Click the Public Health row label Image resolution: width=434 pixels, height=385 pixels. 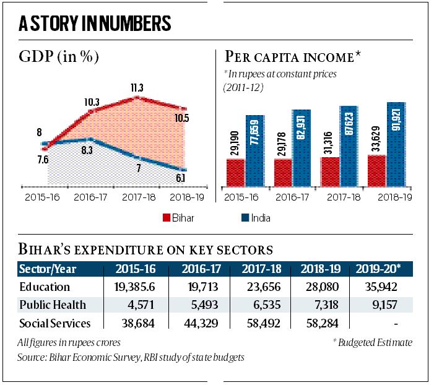pyautogui.click(x=54, y=305)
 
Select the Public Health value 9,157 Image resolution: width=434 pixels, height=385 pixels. pyautogui.click(x=381, y=305)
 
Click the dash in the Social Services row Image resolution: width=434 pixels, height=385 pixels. pyautogui.click(x=394, y=323)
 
